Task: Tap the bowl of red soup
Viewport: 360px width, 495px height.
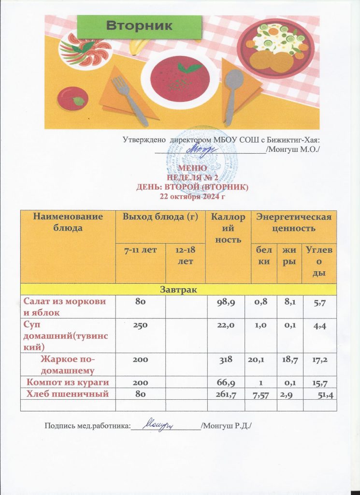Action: click(x=176, y=77)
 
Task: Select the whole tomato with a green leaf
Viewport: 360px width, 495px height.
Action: click(x=72, y=98)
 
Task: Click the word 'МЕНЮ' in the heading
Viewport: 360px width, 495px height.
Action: click(x=193, y=168)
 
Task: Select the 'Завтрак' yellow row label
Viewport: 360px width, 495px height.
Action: click(x=178, y=289)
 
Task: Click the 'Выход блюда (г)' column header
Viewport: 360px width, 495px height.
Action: click(x=160, y=217)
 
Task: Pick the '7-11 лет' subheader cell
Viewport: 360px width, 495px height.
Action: click(x=140, y=250)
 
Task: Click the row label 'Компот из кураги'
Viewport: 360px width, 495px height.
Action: click(x=68, y=383)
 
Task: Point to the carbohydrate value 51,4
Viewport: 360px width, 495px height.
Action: click(x=325, y=396)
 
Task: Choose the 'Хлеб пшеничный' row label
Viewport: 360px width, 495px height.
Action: click(x=68, y=394)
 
